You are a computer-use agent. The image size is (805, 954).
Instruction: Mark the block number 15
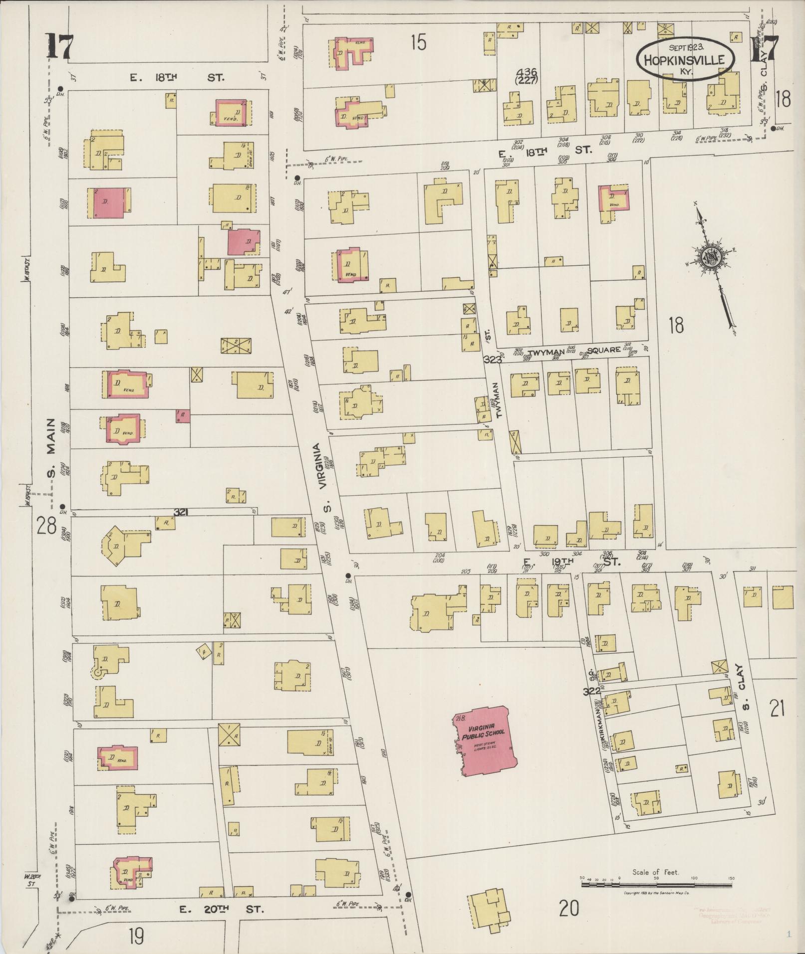(418, 43)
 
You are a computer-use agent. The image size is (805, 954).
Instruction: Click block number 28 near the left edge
(45, 526)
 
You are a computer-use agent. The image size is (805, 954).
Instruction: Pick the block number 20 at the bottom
(568, 909)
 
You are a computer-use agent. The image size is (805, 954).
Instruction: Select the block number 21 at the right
(778, 708)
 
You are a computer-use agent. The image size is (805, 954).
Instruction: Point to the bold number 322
(591, 692)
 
